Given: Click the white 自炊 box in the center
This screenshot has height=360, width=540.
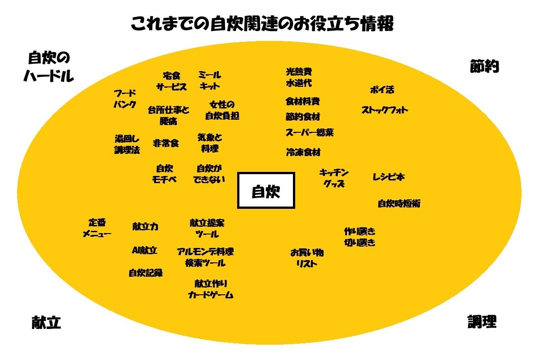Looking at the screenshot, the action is tap(266, 190).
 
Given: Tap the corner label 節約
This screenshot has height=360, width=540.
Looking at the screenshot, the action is tap(484, 67).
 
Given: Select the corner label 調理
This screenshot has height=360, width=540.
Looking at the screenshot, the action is tap(481, 321).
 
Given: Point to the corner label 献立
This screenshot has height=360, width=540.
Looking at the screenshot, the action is tap(46, 322).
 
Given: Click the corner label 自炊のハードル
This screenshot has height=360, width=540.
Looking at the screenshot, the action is tap(49, 67).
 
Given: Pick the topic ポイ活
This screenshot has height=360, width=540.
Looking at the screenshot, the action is tap(382, 90).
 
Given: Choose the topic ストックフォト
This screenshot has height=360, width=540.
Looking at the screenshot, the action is tap(385, 110).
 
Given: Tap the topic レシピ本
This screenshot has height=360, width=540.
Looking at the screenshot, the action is tap(388, 177).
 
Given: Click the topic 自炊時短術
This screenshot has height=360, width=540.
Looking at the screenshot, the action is tap(399, 203).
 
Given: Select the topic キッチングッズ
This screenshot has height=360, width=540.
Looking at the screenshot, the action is tap(334, 178).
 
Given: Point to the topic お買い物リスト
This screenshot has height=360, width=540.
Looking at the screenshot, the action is tap(306, 258).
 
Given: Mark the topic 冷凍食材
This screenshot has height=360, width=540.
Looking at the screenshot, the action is tap(303, 152).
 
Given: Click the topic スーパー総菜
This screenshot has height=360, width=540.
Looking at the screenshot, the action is tap(310, 133).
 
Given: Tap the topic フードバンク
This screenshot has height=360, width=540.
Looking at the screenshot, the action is tap(125, 99).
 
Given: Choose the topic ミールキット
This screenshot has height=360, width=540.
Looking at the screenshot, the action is tap(209, 80).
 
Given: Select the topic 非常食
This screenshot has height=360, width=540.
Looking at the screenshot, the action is tap(166, 143).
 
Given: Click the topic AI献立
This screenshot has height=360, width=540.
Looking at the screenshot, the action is tap(144, 251).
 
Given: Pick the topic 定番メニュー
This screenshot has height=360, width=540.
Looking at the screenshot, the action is tap(97, 228).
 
